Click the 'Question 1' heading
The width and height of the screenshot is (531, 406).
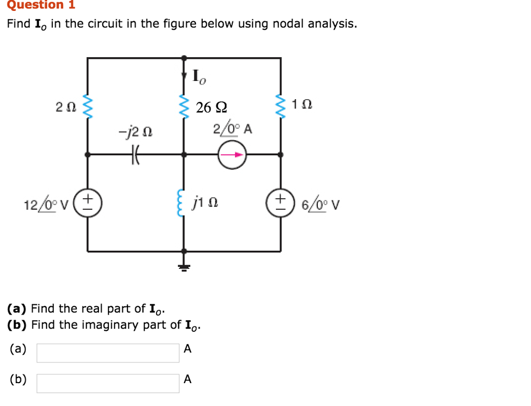[41, 5]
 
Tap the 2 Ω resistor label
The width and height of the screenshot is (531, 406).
[66, 107]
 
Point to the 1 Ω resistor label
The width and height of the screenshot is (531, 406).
[302, 104]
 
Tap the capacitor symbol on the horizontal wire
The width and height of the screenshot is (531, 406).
[137, 154]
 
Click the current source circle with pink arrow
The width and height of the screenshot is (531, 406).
[232, 154]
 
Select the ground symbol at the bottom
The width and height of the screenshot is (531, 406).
[183, 267]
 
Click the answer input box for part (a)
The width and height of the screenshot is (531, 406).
[108, 353]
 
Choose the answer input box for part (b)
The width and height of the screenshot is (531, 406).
[108, 383]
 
